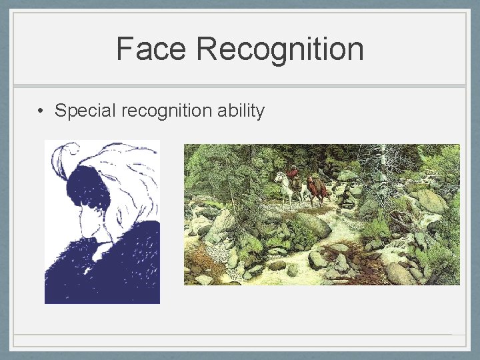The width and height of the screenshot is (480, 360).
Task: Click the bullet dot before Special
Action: [41, 111]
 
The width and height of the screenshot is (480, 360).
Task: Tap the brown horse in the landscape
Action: [317, 189]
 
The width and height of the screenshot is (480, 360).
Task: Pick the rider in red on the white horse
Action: [291, 173]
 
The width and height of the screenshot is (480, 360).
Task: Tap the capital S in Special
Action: [60, 111]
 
